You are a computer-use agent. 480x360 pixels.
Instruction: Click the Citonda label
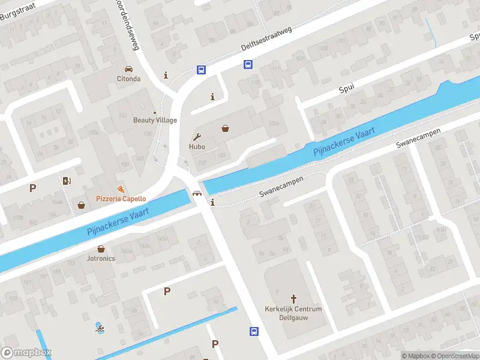click(x=128, y=79)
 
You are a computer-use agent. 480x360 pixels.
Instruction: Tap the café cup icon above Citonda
click(x=128, y=68)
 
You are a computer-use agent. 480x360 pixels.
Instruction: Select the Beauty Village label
click(x=155, y=120)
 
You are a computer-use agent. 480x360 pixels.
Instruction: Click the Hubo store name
click(x=197, y=146)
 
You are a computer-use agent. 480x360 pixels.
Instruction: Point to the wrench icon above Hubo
click(x=197, y=136)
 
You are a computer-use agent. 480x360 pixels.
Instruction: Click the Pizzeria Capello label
click(x=121, y=199)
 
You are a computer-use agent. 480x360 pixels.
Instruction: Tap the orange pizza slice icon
click(x=121, y=189)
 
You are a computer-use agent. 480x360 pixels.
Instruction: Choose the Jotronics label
click(x=101, y=259)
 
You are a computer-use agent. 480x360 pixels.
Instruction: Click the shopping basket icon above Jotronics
click(x=101, y=248)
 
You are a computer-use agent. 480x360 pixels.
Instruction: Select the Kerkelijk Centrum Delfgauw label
click(x=293, y=313)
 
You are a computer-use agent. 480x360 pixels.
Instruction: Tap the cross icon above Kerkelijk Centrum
click(x=294, y=298)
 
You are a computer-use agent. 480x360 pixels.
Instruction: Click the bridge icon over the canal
click(x=196, y=193)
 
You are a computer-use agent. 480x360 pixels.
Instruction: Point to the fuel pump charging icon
click(x=66, y=180)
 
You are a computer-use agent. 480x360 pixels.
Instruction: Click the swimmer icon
click(x=99, y=328)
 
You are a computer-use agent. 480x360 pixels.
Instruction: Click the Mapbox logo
click(x=26, y=353)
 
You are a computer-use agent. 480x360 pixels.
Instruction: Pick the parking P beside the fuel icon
click(x=33, y=188)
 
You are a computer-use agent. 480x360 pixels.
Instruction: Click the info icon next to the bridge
click(x=212, y=203)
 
